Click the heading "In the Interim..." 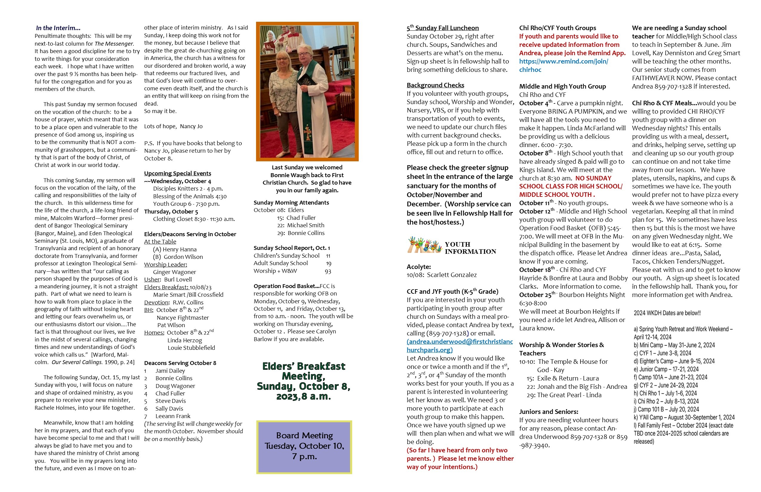[58, 28]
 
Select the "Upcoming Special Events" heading [178, 174]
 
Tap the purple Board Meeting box [304, 447]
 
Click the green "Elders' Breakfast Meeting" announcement [304, 381]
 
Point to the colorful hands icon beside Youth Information [424, 245]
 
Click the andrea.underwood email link [460, 346]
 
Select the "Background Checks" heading [435, 85]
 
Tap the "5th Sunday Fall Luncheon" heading [443, 28]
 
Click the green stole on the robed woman [308, 128]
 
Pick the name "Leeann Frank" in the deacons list [173, 416]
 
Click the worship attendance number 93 [328, 272]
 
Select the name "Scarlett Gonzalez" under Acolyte [452, 275]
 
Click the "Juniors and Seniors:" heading [549, 412]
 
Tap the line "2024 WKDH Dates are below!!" [667, 313]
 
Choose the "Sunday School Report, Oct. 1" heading [292, 248]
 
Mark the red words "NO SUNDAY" [593, 178]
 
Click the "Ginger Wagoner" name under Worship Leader [174, 272]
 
